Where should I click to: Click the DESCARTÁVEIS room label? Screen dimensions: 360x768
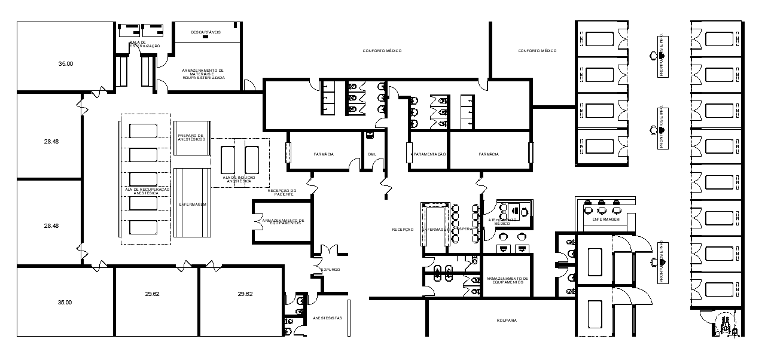coord(206,32)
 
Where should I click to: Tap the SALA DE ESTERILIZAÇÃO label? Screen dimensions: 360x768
coord(145,44)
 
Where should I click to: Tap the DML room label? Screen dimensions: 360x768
coord(372,154)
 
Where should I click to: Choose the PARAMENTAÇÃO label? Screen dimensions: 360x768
coord(429,154)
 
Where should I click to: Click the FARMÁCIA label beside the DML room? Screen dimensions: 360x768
coord(324,154)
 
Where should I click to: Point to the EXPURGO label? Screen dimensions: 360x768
coord(331,270)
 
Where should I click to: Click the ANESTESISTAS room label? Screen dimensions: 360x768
coord(327,318)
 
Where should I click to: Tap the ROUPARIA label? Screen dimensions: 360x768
coord(506,321)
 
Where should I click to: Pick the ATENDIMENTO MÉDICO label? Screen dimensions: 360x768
coord(502,221)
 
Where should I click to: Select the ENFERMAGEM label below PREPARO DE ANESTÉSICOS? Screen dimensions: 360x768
coord(192,205)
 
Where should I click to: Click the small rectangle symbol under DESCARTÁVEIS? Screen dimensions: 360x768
coord(206,37)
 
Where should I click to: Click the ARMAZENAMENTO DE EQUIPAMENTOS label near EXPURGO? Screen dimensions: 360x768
coord(283,221)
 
